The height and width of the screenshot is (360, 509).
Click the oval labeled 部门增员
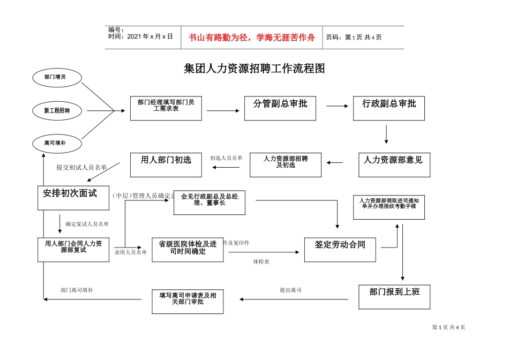(x=56, y=77)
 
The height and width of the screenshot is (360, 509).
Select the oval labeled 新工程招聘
(x=57, y=111)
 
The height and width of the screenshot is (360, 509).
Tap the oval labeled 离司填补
(x=56, y=143)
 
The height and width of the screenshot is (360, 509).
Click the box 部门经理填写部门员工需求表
(x=166, y=108)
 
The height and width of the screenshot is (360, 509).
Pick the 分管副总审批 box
(x=280, y=108)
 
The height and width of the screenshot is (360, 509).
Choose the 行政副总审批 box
(x=389, y=108)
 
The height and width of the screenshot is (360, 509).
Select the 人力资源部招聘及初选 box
(x=286, y=164)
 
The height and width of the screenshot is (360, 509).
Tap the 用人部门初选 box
(x=166, y=164)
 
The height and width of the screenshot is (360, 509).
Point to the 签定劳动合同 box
(x=340, y=249)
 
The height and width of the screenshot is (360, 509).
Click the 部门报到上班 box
(x=394, y=296)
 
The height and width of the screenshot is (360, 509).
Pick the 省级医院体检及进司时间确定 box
(x=188, y=249)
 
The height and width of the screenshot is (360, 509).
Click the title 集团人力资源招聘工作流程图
(x=254, y=69)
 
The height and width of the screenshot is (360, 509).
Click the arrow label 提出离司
(x=290, y=290)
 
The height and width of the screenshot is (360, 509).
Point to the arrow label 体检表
(x=261, y=262)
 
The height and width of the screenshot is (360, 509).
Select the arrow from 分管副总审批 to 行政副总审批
(x=337, y=106)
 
